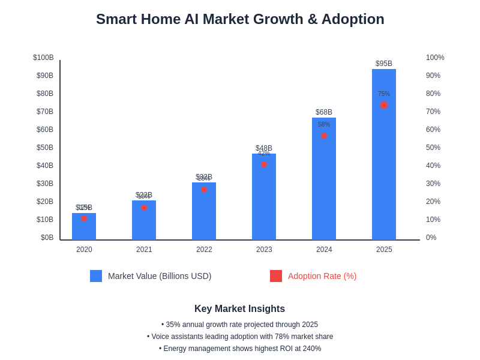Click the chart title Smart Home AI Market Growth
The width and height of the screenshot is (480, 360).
(240, 19)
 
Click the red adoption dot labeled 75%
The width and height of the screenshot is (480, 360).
(384, 105)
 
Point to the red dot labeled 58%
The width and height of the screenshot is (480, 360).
(324, 136)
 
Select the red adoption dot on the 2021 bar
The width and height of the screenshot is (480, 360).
(144, 208)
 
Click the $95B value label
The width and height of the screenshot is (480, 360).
(384, 64)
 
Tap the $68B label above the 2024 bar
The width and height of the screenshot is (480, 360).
(324, 112)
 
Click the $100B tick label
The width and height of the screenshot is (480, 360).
(43, 58)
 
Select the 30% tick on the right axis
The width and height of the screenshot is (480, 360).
(433, 184)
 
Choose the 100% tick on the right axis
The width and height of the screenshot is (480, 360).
(435, 58)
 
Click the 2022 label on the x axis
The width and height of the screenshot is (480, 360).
(204, 250)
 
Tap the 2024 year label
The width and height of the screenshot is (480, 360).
(324, 250)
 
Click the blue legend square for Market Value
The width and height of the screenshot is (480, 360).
(96, 276)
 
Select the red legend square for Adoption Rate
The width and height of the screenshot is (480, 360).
(276, 276)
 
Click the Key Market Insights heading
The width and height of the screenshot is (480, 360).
(240, 309)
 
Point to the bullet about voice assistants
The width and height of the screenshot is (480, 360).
(240, 337)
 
